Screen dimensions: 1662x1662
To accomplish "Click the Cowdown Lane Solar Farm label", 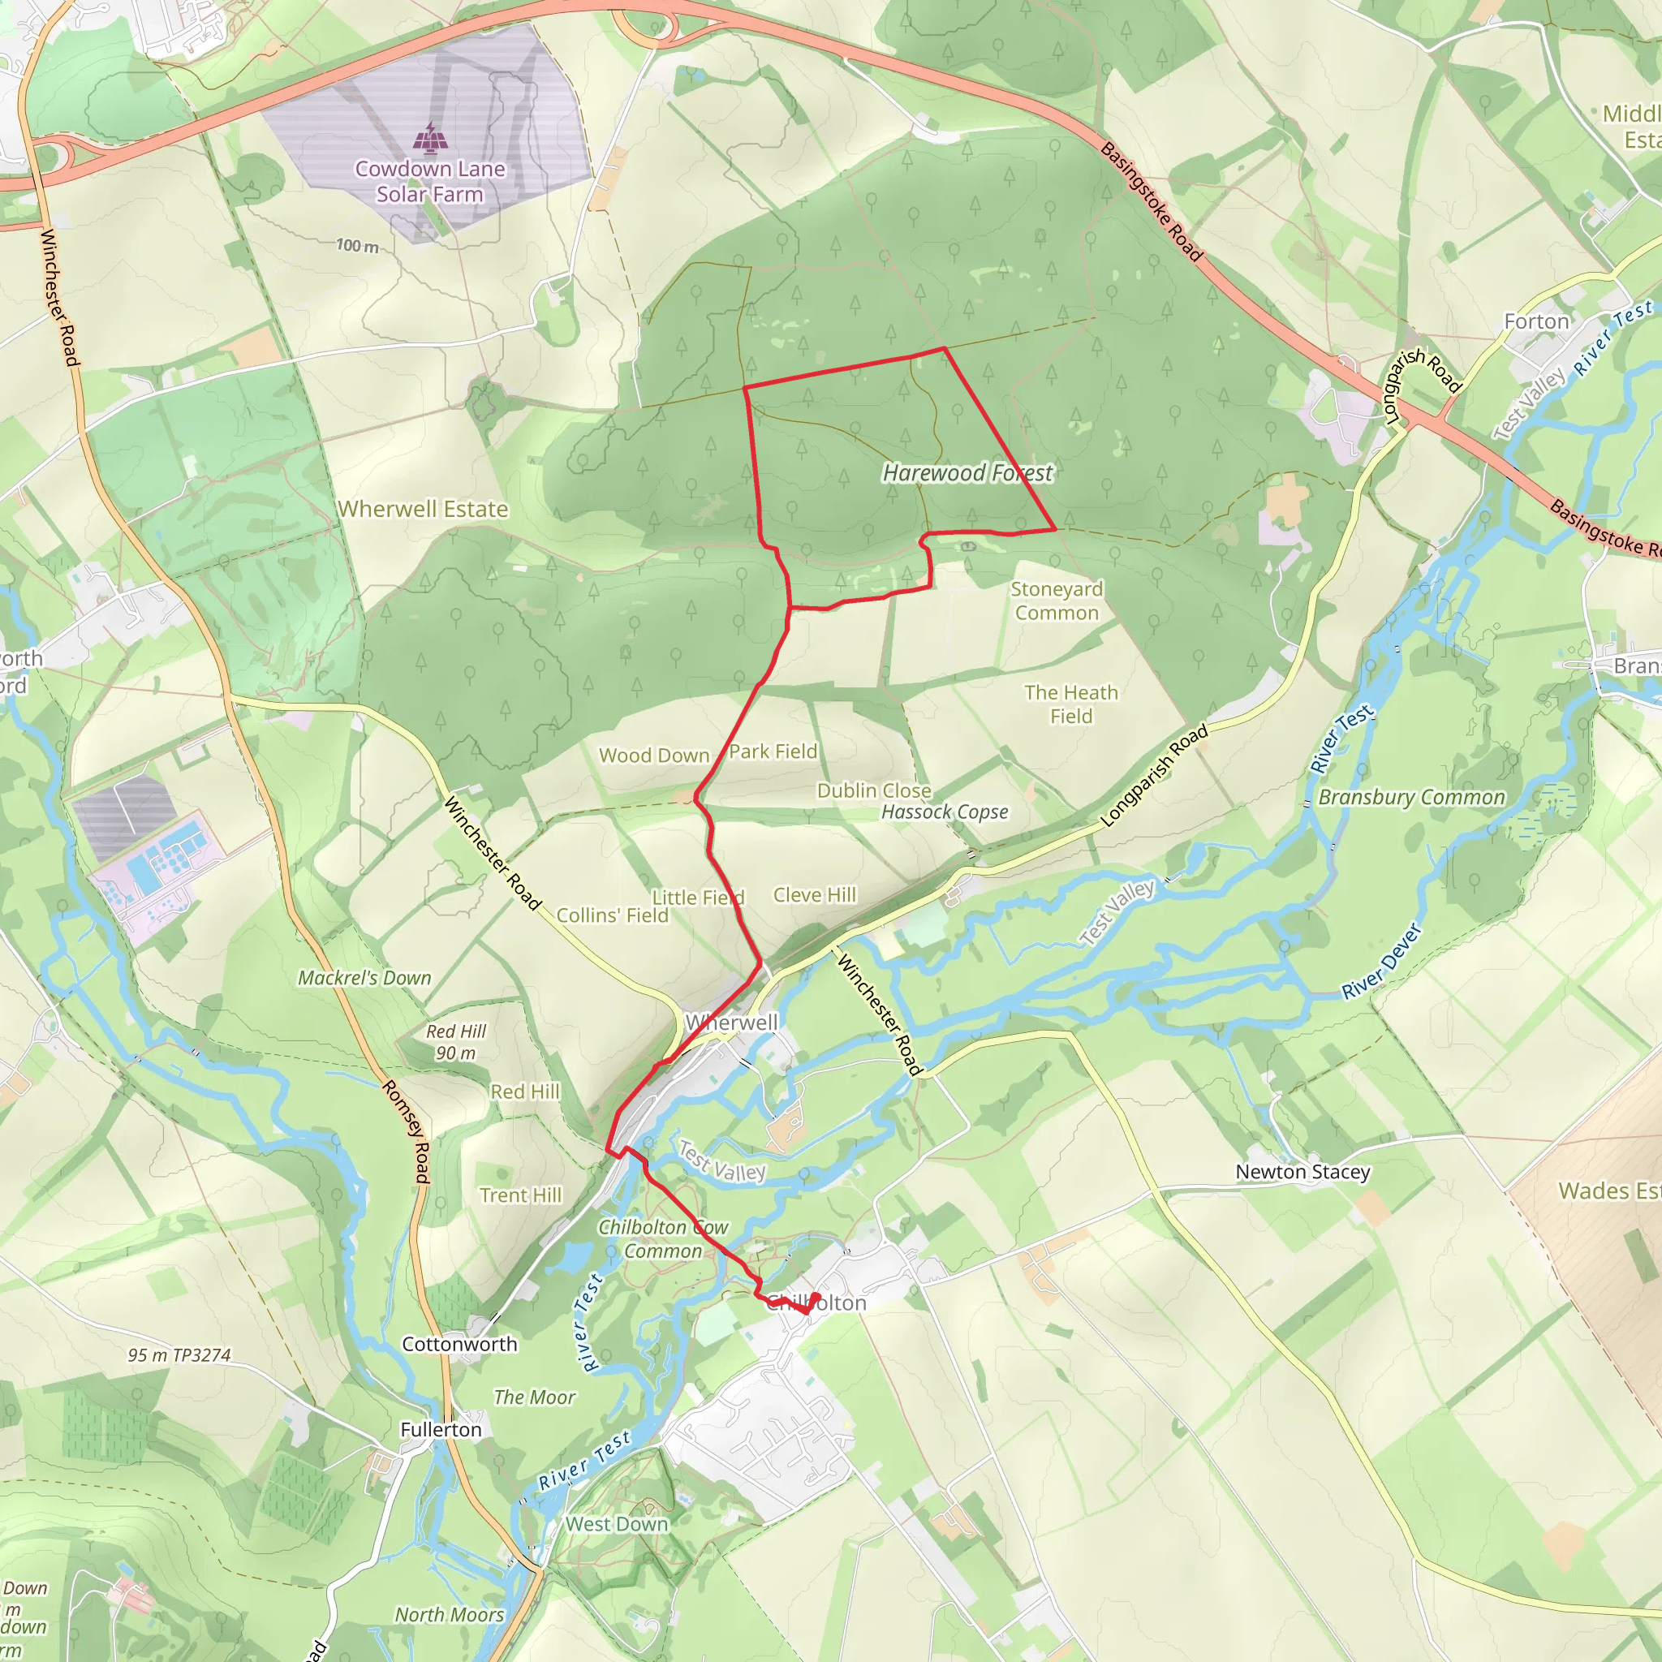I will coord(429,182).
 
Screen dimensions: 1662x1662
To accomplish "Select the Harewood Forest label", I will coord(967,473).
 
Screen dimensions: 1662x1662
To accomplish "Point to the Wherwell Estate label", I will coord(422,510).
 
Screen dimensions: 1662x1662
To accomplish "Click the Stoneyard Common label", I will coord(1057,601).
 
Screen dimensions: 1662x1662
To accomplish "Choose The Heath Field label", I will coord(1071,704).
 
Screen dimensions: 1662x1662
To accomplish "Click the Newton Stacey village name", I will coord(1302,1172).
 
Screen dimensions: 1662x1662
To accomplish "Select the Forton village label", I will coord(1535,321).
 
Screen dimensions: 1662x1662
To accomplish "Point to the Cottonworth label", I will coord(459,1344).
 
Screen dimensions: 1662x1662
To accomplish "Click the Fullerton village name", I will coord(441,1430).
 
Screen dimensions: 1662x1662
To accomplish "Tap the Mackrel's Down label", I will coord(364,978).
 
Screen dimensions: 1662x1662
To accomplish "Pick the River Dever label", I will coord(1382,962).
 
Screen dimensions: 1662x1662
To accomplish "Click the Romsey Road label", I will coord(407,1131).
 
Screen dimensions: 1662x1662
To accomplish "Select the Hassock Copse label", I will coord(945,812).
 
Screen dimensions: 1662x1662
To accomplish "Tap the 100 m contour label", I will coord(357,246).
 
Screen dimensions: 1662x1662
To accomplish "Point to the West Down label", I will coord(616,1524).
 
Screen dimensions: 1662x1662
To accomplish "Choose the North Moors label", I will coord(449,1615).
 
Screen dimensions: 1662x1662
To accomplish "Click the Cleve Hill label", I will coord(814,896).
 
